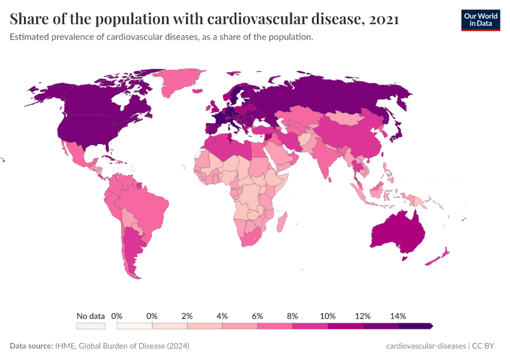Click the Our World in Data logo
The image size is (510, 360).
(480, 20)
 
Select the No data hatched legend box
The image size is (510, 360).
(91, 326)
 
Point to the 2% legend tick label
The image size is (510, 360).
(187, 316)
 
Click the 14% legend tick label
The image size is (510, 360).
(398, 316)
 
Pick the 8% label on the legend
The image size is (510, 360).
(293, 316)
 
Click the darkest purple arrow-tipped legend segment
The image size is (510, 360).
(415, 326)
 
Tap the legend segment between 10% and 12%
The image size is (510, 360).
(345, 326)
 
